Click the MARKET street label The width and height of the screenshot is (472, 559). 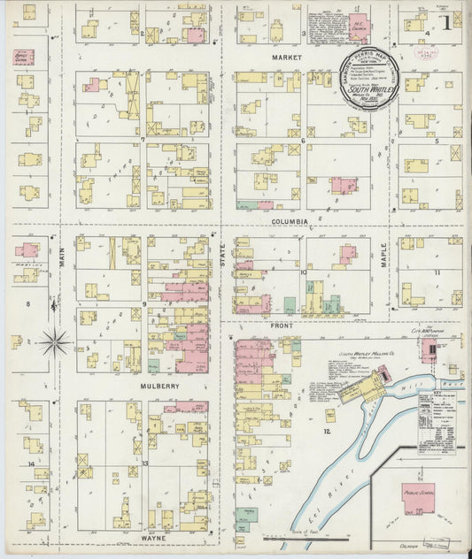click(x=287, y=57)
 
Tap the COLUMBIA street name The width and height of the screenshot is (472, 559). click(x=290, y=221)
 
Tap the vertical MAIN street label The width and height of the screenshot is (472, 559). click(x=63, y=257)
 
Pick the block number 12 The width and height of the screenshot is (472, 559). click(x=327, y=431)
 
